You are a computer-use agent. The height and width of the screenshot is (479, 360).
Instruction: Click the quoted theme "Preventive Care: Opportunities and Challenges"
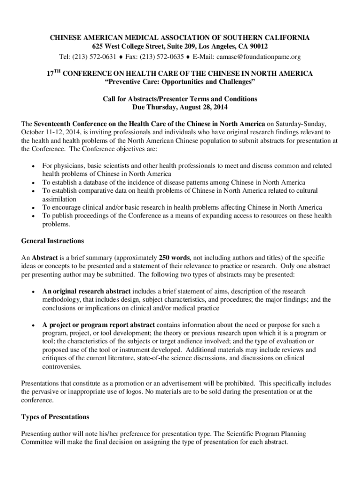click(x=180, y=83)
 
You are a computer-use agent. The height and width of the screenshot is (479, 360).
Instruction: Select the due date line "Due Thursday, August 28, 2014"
click(x=180, y=107)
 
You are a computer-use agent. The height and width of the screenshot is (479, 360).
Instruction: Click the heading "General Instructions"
click(x=52, y=241)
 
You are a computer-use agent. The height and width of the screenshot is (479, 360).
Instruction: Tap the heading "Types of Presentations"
click(x=55, y=417)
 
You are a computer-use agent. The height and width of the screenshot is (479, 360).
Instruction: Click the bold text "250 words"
click(x=174, y=258)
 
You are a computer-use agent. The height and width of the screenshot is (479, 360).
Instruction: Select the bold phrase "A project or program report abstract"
click(x=99, y=325)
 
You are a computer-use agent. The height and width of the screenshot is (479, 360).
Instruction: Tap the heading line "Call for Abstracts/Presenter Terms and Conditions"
click(x=180, y=99)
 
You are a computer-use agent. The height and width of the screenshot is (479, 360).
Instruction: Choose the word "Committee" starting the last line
click(x=38, y=443)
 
